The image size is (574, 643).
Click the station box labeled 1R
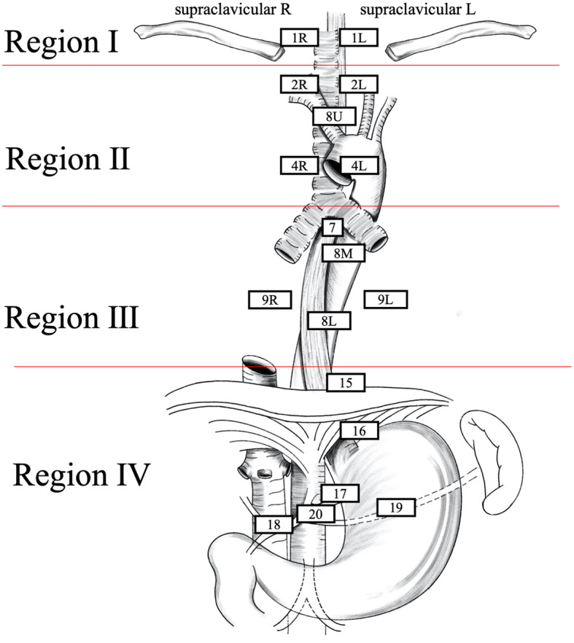(299, 37)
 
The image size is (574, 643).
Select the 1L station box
(357, 37)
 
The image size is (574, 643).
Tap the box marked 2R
(299, 83)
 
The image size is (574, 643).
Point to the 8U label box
(333, 115)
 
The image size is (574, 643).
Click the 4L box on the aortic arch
(358, 165)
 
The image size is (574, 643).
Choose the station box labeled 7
(332, 227)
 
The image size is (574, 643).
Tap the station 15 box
(346, 381)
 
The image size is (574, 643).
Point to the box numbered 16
(359, 431)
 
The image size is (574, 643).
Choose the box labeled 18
(274, 523)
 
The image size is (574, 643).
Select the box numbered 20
(315, 513)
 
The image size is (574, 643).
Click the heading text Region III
(71, 319)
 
